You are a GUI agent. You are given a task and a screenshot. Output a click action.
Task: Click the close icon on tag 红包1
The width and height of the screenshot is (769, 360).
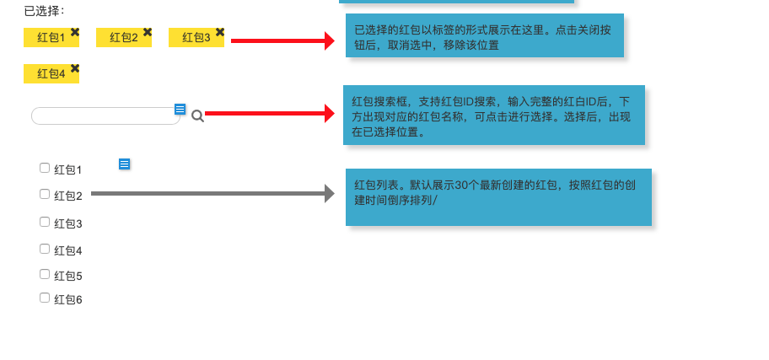click(x=75, y=32)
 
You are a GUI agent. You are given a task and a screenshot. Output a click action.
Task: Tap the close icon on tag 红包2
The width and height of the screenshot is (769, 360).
click(x=148, y=32)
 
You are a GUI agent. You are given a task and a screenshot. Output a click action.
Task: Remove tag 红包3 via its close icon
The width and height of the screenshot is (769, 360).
click(x=220, y=32)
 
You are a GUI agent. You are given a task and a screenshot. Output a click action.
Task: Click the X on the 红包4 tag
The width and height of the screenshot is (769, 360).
click(x=75, y=68)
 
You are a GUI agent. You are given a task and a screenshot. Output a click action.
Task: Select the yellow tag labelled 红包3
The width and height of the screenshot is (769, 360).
click(x=196, y=38)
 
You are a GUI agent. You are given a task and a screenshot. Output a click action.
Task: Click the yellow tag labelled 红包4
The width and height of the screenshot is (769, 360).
click(x=51, y=74)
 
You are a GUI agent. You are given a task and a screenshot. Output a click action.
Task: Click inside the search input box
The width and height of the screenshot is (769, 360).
click(x=105, y=116)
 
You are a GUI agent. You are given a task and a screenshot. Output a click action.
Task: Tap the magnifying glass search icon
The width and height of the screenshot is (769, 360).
click(x=197, y=116)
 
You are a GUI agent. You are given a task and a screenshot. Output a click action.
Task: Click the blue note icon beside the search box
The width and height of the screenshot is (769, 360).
click(x=180, y=109)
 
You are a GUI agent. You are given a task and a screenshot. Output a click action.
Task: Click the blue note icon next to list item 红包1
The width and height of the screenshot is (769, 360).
click(x=125, y=164)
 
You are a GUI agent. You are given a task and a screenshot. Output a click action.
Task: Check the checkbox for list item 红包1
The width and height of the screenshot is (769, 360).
click(x=45, y=168)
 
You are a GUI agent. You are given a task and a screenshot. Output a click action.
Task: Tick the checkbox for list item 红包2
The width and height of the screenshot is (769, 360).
click(x=45, y=194)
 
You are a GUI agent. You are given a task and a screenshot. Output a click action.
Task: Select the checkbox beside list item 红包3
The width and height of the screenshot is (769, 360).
click(x=45, y=222)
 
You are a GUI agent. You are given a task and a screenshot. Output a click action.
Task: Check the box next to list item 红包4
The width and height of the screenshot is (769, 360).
click(x=45, y=249)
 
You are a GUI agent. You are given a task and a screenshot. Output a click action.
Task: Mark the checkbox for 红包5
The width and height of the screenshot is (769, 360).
click(x=45, y=274)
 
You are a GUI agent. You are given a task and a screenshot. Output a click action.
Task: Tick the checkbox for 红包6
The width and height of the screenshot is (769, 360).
click(x=45, y=298)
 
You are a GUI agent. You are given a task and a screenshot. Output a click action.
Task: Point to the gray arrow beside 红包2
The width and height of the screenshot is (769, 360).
click(x=211, y=194)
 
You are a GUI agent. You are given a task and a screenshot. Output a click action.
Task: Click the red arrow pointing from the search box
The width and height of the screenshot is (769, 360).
click(x=270, y=113)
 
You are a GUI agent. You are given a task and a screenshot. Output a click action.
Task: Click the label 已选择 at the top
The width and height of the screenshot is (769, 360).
click(x=44, y=11)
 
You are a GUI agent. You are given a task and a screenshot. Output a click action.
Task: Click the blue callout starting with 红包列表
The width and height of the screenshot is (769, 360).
click(x=497, y=196)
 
